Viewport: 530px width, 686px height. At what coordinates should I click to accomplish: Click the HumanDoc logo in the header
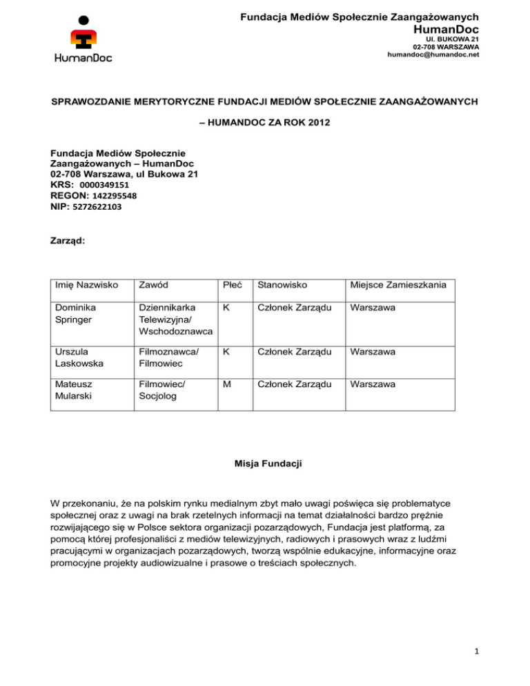pyautogui.click(x=83, y=38)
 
